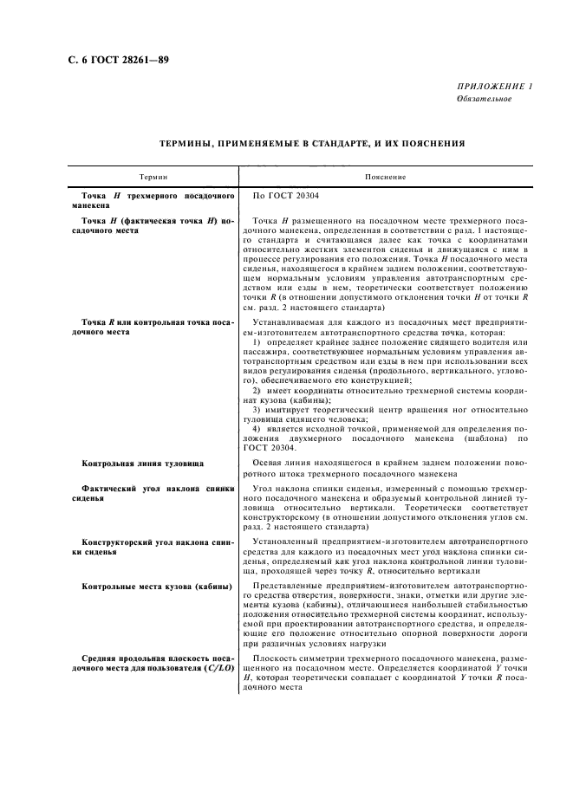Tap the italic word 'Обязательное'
pyautogui.click(x=484, y=99)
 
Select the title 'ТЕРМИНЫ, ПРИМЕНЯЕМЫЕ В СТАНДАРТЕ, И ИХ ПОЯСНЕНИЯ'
pyautogui.click(x=312, y=143)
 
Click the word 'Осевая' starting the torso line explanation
pyautogui.click(x=268, y=464)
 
